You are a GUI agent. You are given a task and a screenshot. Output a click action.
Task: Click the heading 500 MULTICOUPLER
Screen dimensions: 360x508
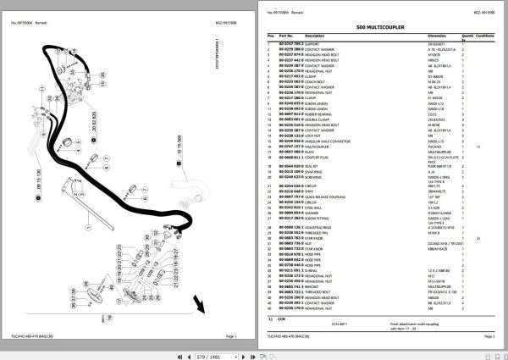point(378,28)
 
